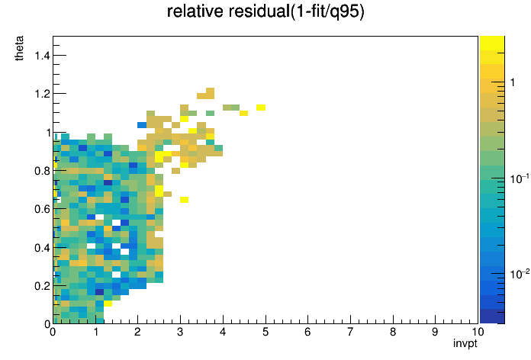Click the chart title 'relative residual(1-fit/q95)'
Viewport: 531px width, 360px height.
tap(265, 11)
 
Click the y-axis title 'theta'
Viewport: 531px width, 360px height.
tap(19, 48)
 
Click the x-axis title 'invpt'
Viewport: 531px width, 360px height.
tap(465, 343)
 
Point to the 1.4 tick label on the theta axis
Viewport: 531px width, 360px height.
tap(42, 55)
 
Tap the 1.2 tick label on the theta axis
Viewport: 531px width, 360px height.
tap(42, 94)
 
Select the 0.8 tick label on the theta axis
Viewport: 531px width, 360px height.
tap(42, 171)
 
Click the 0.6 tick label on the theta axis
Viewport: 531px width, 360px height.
tap(42, 209)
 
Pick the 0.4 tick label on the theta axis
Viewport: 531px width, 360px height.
tap(42, 248)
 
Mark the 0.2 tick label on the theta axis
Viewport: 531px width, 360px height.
tap(42, 286)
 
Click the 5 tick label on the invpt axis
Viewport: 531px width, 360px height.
tap(265, 332)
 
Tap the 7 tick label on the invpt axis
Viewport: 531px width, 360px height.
tap(350, 332)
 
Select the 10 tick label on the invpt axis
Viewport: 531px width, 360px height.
tap(478, 332)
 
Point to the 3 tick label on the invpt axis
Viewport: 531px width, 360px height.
tap(180, 332)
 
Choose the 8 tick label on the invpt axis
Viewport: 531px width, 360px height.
tap(393, 332)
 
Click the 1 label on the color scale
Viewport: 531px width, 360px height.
tap(513, 82)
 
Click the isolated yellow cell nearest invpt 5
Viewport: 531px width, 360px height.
tap(261, 108)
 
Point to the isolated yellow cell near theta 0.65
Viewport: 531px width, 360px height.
tap(184, 200)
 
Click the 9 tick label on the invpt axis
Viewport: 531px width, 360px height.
tap(435, 332)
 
